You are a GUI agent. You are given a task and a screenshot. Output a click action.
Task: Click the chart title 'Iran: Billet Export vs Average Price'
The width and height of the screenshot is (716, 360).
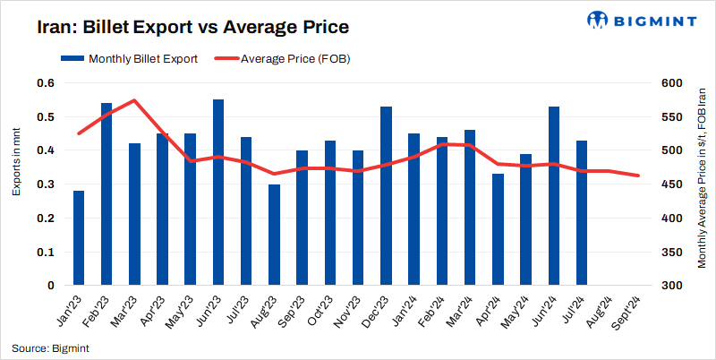(x=192, y=27)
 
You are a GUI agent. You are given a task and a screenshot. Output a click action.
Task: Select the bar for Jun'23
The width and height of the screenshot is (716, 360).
(x=218, y=193)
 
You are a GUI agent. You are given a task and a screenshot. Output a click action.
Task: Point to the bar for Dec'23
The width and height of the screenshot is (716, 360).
(x=386, y=196)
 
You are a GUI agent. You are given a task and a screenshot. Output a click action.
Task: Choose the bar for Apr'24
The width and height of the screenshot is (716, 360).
(x=498, y=229)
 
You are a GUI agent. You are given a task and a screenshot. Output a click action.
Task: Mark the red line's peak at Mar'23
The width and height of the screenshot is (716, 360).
(x=134, y=100)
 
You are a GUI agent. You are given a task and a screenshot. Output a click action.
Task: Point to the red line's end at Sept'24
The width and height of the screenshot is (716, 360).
(x=637, y=176)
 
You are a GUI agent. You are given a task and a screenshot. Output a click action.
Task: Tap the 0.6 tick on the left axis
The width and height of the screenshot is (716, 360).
(x=46, y=83)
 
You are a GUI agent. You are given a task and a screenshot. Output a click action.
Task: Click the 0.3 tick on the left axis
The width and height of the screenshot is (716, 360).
(x=46, y=184)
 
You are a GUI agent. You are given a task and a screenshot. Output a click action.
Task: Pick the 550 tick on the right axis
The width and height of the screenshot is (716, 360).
(x=672, y=117)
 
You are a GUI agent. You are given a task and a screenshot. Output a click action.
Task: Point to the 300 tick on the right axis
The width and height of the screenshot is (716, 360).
(x=672, y=286)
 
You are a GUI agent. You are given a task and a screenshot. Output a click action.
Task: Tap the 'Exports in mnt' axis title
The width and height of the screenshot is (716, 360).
(x=17, y=162)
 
